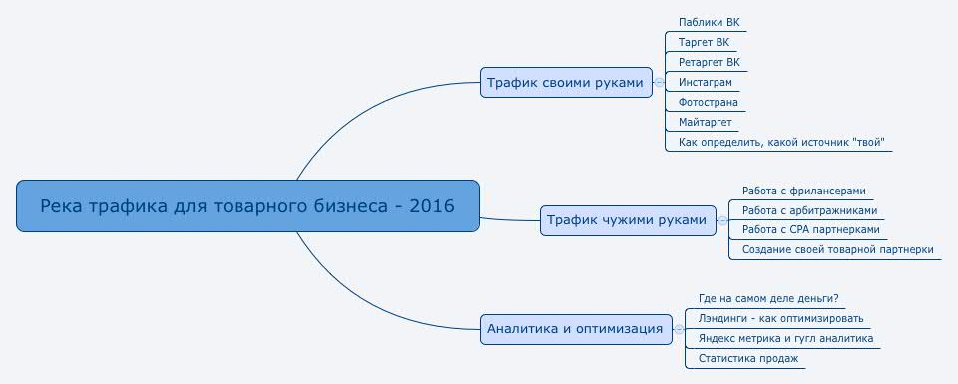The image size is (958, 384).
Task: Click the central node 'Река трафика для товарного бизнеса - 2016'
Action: (247, 207)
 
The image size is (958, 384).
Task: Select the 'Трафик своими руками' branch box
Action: (565, 83)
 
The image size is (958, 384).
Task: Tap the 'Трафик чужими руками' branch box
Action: (629, 220)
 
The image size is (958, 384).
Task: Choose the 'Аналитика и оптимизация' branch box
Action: (575, 328)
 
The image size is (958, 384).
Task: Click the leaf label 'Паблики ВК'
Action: (709, 22)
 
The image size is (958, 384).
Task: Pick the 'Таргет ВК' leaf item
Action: (704, 42)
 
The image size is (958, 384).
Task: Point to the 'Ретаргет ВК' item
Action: (709, 62)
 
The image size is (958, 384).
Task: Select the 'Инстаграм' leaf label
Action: (705, 82)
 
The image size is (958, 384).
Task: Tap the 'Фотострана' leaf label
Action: (708, 102)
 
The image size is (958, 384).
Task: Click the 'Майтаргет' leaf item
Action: (706, 122)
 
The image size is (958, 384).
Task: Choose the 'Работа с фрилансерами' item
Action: (803, 191)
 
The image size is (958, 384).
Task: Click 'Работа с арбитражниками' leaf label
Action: (809, 210)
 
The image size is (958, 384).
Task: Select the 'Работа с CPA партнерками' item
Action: (810, 229)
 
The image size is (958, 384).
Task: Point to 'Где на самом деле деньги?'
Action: (768, 299)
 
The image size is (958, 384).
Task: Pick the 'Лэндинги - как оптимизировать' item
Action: (781, 319)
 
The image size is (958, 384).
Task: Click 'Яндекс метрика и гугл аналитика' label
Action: (785, 338)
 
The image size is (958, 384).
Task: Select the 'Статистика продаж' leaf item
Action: (748, 358)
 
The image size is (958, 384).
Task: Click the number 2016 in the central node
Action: (435, 207)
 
